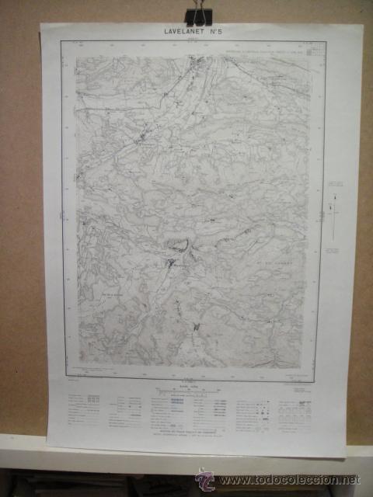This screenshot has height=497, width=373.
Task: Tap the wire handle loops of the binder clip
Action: click(199, 9)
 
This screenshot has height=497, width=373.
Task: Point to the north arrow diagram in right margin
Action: click(334, 217)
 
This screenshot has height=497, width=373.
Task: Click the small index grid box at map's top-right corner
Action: click(313, 51)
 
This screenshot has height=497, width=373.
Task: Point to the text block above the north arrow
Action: click(336, 185)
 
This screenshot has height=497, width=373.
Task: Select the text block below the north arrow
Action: click(335, 251)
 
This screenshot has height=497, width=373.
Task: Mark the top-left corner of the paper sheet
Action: click(41, 26)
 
